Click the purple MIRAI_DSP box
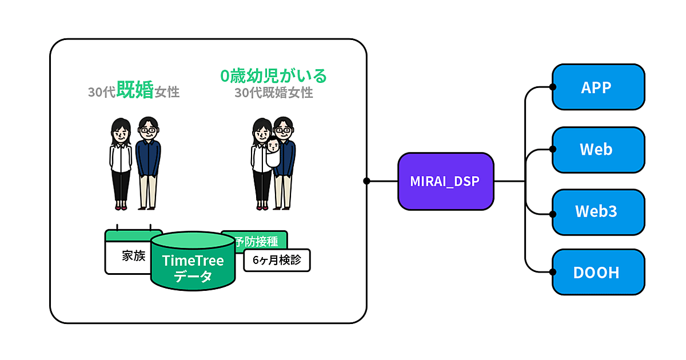[x=445, y=181]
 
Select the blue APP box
[x=598, y=87]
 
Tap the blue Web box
[x=598, y=150]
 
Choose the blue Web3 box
[x=598, y=212]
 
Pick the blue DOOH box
[x=598, y=273]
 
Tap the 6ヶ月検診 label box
[x=277, y=261]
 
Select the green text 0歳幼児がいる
[x=273, y=75]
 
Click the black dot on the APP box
[x=553, y=87]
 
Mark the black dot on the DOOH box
[x=553, y=272]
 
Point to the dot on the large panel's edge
[x=366, y=181]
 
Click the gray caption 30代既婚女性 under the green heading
[x=273, y=93]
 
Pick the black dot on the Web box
[x=553, y=149]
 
